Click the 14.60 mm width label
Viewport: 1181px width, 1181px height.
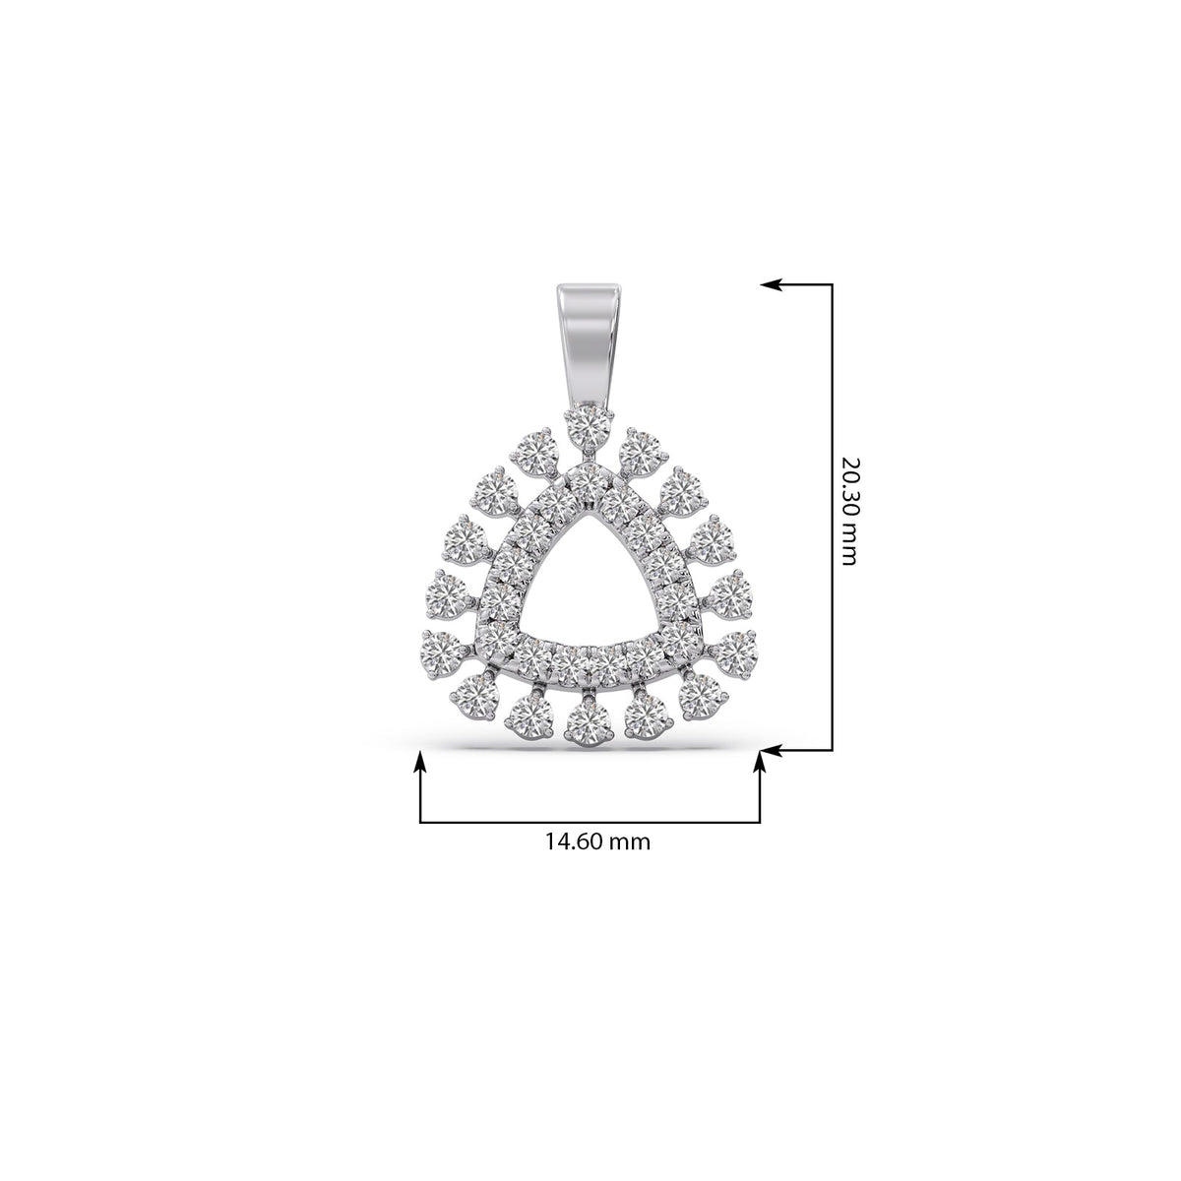point(597,841)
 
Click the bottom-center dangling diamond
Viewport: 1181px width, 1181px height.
point(588,724)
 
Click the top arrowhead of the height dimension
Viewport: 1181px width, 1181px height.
point(771,284)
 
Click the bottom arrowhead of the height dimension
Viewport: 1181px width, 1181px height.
point(771,750)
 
